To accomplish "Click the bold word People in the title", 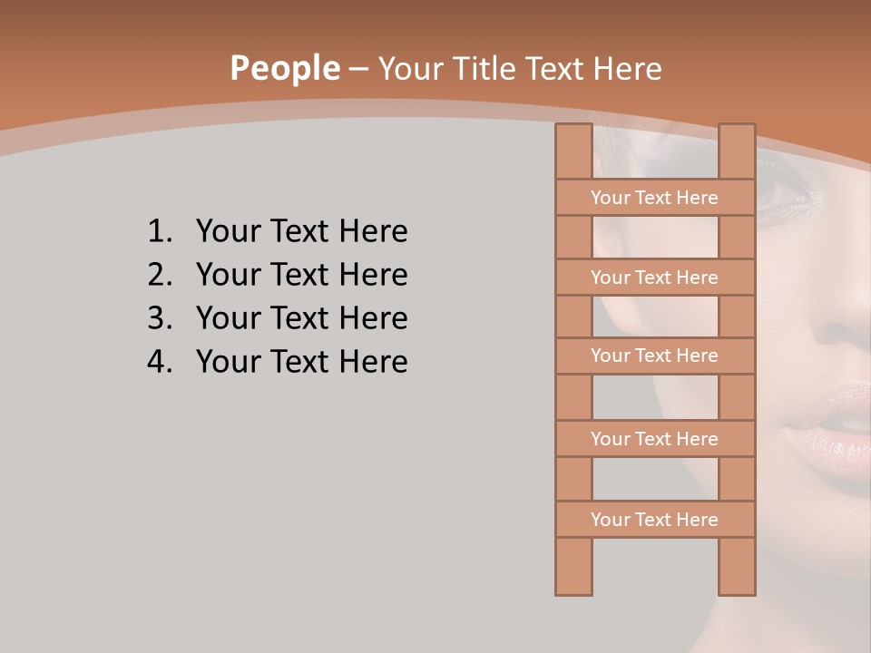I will (x=284, y=68).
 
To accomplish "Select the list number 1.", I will (x=160, y=232).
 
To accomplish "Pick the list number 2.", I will (x=160, y=275).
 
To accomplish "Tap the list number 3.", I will (x=160, y=318).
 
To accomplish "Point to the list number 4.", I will (x=160, y=362).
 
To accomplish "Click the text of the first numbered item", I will (x=301, y=232).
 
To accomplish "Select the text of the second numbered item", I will (x=301, y=275).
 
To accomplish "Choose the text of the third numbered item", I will (x=301, y=318).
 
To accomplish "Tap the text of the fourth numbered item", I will (x=301, y=362).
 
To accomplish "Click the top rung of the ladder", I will (x=654, y=198).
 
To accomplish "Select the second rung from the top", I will (x=654, y=278).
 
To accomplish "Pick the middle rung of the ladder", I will (x=654, y=356).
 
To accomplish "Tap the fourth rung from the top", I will (x=654, y=439).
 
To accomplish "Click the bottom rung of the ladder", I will (x=654, y=520).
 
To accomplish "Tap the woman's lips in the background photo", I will (x=821, y=426).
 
